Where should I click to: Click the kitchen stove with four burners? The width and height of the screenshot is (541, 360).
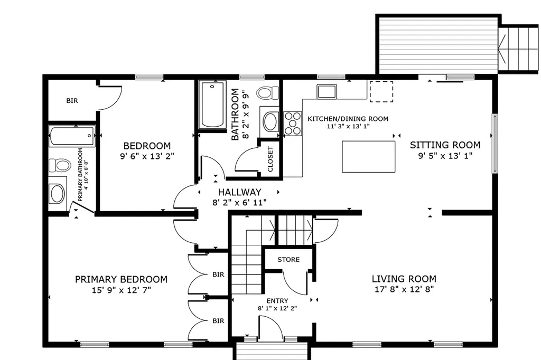click(x=293, y=123)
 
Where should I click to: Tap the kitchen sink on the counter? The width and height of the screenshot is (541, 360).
click(x=327, y=91)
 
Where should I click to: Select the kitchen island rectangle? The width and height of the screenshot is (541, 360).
click(x=368, y=157)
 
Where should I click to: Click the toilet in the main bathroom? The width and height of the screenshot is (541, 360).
click(x=267, y=93)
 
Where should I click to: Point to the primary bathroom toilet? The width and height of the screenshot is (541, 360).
click(x=59, y=165)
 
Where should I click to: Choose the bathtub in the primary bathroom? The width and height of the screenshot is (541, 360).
click(x=72, y=136)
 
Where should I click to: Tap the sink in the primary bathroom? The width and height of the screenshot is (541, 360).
click(x=57, y=193)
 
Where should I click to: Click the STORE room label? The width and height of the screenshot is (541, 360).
click(x=288, y=259)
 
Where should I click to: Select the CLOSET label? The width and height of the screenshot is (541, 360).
click(x=270, y=159)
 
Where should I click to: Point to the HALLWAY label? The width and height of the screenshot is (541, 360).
click(x=239, y=192)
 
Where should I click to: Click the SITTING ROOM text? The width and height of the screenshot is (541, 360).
click(x=445, y=145)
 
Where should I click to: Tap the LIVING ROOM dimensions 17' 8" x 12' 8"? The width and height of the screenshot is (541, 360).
click(x=404, y=289)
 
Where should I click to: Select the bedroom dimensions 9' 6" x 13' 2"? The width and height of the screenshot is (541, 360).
click(x=147, y=156)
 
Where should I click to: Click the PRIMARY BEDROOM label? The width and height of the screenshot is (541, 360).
click(x=121, y=279)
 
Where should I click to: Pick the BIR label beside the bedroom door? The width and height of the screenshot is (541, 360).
click(x=72, y=101)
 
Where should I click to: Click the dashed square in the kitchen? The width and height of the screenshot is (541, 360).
click(x=381, y=91)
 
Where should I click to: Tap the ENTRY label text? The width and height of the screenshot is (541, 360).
click(x=277, y=301)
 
